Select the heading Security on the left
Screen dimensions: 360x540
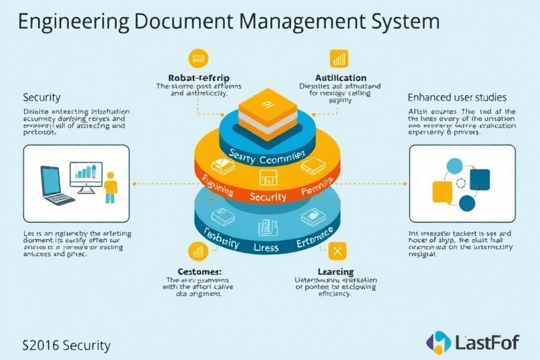41,97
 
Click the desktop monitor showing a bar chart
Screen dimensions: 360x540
85,175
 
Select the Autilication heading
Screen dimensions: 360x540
340,77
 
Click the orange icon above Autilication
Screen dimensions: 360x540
339,58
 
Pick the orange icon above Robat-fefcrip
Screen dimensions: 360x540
196,58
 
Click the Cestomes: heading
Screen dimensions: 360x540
200,271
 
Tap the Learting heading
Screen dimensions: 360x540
335,271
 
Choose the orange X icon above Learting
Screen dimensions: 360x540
339,251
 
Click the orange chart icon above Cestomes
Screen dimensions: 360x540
197,251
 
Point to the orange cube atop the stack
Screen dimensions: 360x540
269,112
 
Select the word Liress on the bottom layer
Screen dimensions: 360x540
264,247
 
